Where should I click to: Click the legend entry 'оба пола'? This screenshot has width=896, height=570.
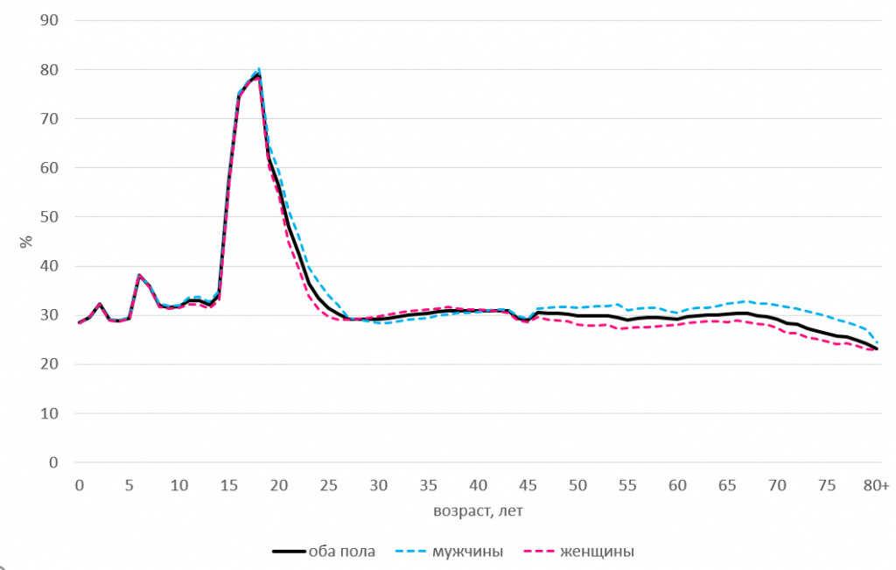pyautogui.click(x=341, y=552)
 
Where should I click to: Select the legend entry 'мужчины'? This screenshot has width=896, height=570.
pyautogui.click(x=467, y=552)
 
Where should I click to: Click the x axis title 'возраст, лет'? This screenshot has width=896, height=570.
pyautogui.click(x=478, y=509)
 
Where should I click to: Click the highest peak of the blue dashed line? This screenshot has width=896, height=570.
pyautogui.click(x=259, y=69)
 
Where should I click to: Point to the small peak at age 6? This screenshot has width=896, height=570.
pyautogui.click(x=139, y=275)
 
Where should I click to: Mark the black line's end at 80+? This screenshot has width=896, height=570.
pyautogui.click(x=877, y=349)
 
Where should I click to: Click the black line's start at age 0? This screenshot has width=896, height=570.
pyautogui.click(x=80, y=322)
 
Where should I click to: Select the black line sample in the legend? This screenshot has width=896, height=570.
pyautogui.click(x=288, y=552)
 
